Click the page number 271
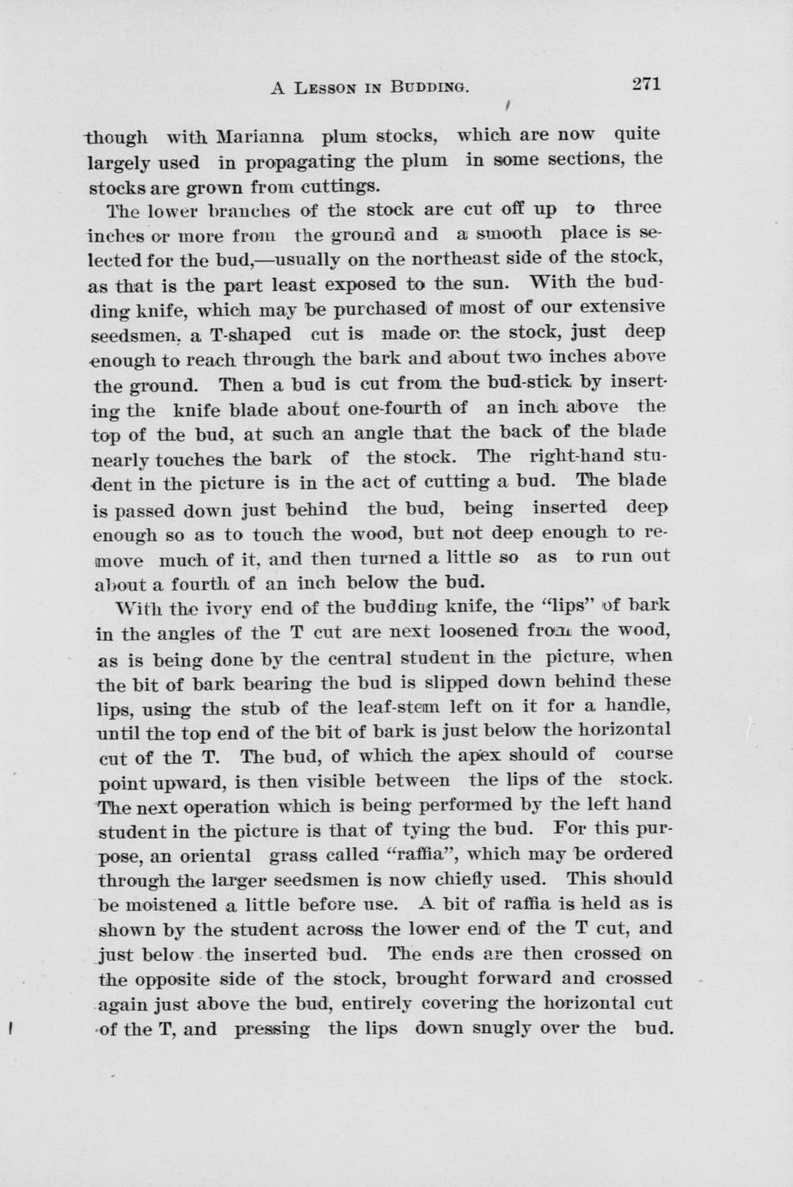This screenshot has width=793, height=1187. coord(645,83)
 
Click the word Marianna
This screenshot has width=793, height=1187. coord(259,136)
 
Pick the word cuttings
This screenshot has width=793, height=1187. coord(340,186)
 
